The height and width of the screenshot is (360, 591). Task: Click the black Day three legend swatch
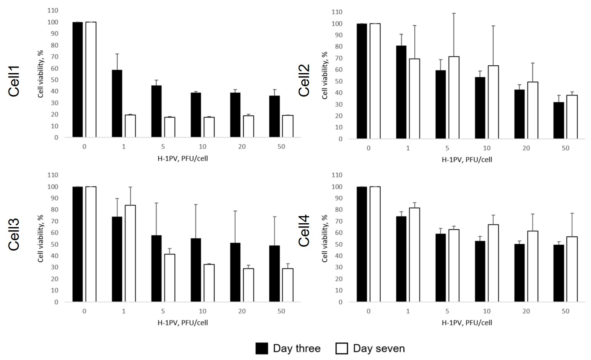[x=261, y=348]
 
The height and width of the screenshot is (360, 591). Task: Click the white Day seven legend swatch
[x=342, y=348]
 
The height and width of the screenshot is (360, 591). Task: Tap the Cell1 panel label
[x=14, y=81]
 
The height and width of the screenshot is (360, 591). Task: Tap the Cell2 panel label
[x=304, y=80]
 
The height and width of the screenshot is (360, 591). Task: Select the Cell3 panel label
[x=14, y=235]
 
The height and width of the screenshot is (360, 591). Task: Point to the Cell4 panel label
[x=304, y=231]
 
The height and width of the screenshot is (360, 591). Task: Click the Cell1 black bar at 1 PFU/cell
[x=117, y=104]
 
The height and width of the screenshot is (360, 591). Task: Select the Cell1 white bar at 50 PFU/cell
[x=288, y=126]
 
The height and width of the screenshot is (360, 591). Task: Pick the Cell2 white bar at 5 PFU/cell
[x=454, y=98]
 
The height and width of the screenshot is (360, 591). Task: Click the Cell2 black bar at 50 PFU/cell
[x=559, y=120]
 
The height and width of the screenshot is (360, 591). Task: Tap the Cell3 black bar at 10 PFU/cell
[x=196, y=270]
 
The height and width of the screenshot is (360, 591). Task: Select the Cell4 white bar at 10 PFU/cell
[x=493, y=263]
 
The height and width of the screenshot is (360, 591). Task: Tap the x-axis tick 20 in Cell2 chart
[x=526, y=149]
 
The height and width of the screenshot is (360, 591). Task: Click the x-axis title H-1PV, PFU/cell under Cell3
[x=183, y=323]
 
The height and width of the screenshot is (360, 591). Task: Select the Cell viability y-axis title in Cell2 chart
[x=325, y=75]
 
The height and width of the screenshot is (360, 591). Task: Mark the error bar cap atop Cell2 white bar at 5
[x=454, y=13]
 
